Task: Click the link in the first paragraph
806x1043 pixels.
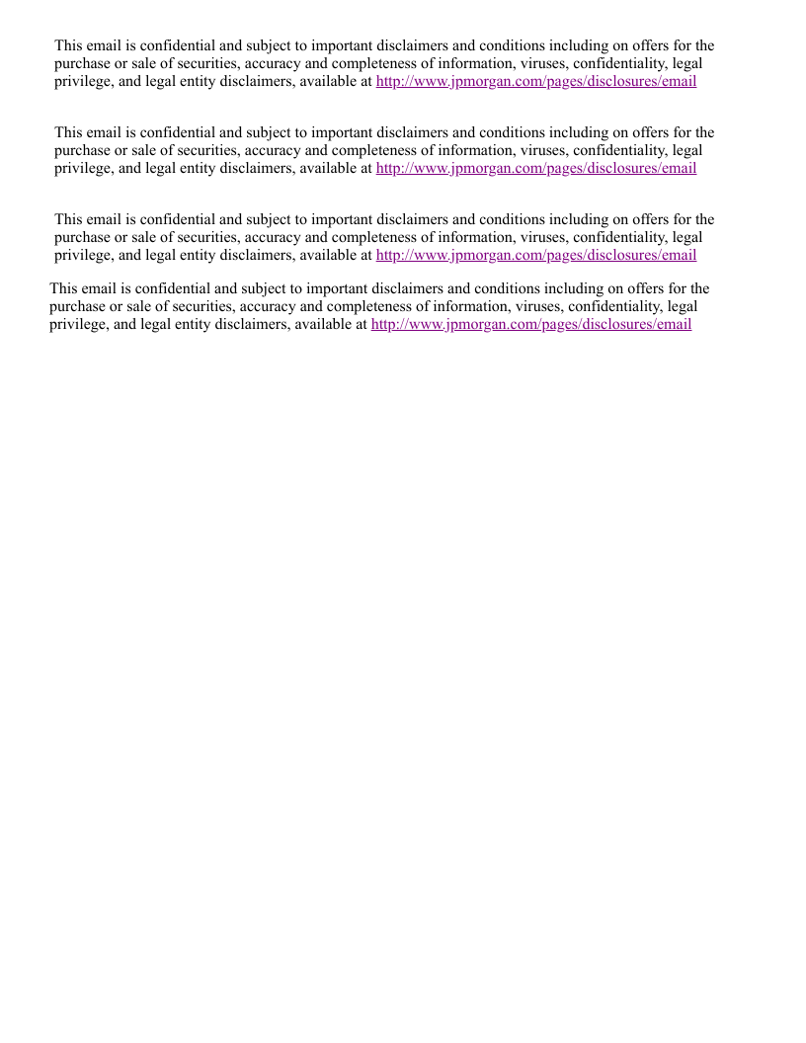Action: click(536, 81)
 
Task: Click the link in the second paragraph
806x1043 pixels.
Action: click(536, 168)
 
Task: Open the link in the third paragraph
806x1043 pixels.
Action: click(536, 255)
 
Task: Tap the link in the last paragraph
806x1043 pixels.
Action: click(531, 324)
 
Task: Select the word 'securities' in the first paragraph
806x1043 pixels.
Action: click(204, 63)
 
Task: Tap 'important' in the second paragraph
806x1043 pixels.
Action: click(342, 132)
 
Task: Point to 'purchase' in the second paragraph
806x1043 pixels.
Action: click(82, 150)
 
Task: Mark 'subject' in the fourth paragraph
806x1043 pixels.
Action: click(272, 288)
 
